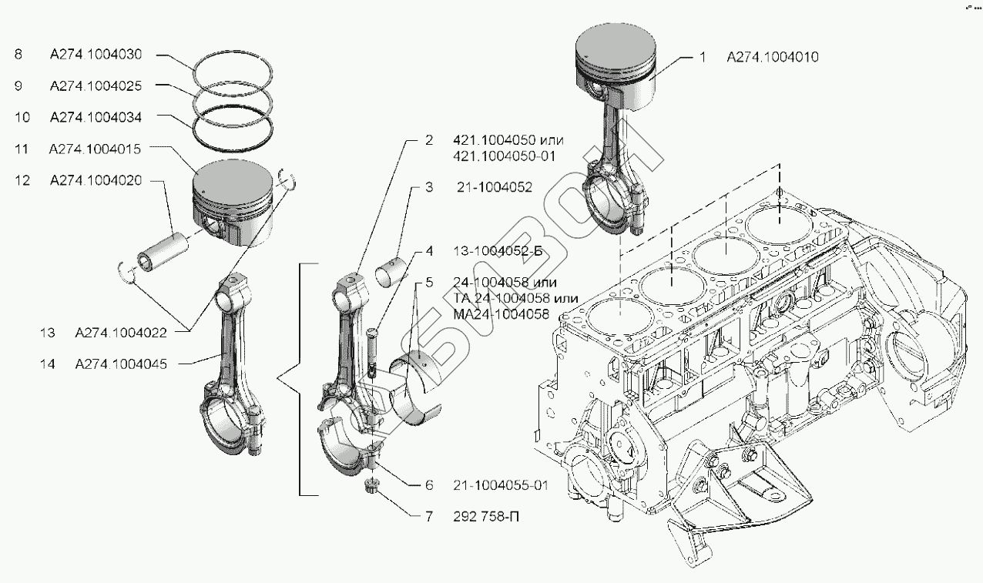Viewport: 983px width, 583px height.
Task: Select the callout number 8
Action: pos(18,55)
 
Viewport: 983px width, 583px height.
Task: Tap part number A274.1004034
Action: pos(96,117)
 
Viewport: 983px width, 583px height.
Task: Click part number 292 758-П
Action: pos(486,517)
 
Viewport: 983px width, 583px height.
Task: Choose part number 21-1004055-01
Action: pos(500,485)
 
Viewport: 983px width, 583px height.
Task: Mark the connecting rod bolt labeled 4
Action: pos(373,347)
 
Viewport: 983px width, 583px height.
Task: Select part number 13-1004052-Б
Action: pos(501,251)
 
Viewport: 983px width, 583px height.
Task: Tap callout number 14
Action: pos(47,364)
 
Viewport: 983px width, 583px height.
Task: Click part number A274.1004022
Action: pos(119,333)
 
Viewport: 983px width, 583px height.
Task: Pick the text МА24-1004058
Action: pos(501,314)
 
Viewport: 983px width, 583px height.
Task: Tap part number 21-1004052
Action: pos(492,187)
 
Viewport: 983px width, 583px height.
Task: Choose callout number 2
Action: pos(430,141)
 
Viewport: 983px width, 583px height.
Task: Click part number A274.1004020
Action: pos(96,180)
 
